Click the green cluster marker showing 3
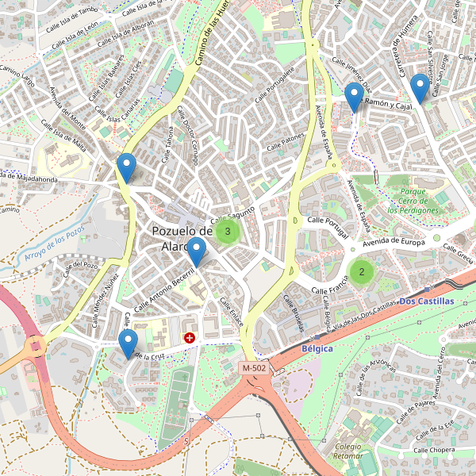228,232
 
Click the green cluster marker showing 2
362,272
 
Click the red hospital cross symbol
190,338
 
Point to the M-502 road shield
255,368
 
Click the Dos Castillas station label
427,301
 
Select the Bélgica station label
317,348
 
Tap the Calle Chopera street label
432,450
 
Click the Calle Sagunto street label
232,214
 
